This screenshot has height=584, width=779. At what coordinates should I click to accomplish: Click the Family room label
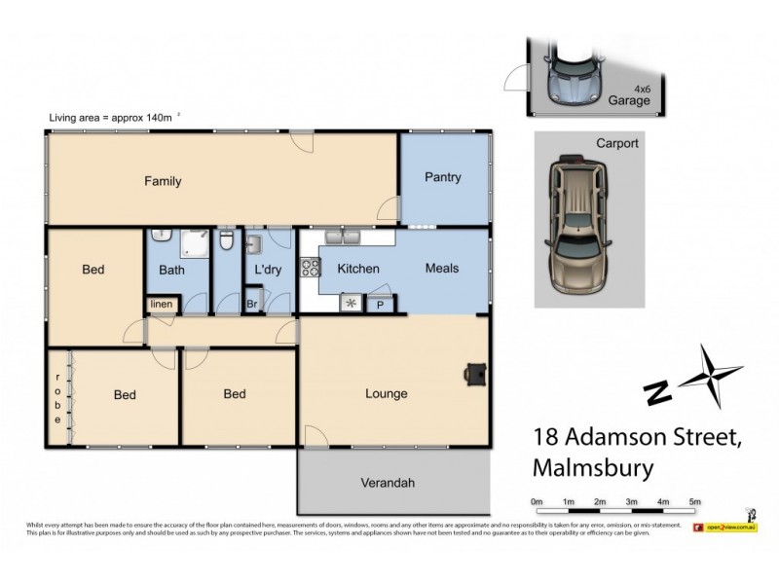tap(163, 181)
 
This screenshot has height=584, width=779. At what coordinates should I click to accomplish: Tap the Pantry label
tap(442, 177)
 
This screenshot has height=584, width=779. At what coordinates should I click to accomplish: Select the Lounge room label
tap(386, 394)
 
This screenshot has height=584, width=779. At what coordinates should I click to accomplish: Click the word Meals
tap(441, 269)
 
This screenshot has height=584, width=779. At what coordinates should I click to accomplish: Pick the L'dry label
tap(267, 270)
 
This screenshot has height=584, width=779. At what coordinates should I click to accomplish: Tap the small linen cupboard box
tap(161, 305)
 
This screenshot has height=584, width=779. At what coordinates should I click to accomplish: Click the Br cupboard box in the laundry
tap(251, 304)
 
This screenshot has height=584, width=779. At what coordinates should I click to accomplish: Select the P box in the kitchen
tap(378, 304)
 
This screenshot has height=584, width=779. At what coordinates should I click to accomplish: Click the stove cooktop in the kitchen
tap(310, 265)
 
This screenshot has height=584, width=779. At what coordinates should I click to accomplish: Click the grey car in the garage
tap(574, 74)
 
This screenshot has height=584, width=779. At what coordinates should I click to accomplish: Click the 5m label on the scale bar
tap(695, 501)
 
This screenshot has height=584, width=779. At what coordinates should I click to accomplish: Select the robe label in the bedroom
tap(57, 398)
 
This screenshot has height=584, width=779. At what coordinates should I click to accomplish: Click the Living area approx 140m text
tap(111, 118)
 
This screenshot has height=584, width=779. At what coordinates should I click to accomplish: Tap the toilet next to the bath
tap(225, 237)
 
